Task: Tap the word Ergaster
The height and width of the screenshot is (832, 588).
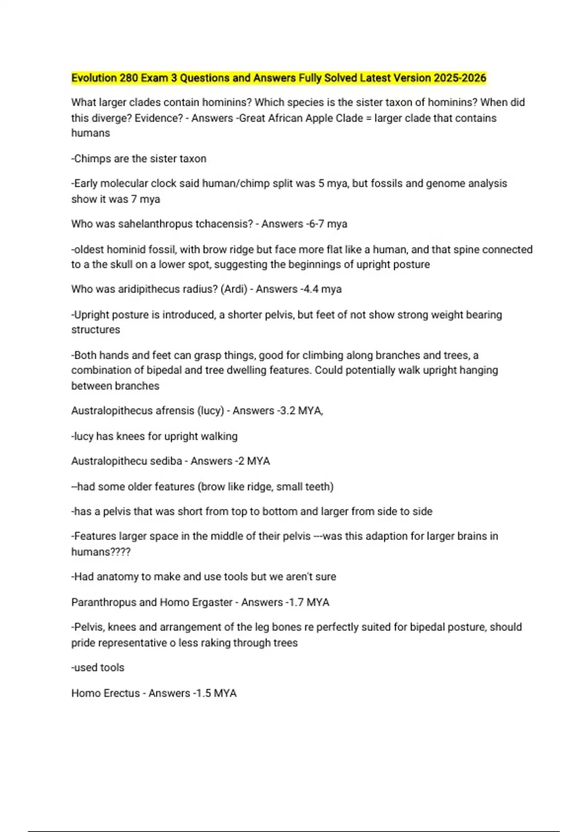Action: tap(213, 602)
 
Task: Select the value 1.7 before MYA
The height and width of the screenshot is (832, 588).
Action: tap(296, 602)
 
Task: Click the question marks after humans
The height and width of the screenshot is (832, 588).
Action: tap(121, 552)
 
